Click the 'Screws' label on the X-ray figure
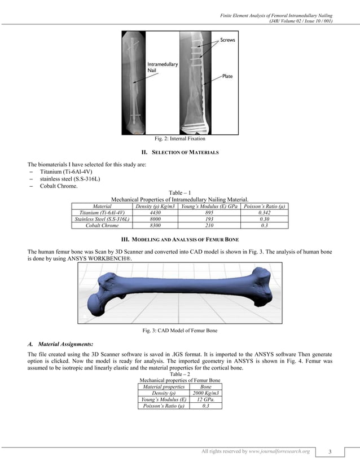[227, 41]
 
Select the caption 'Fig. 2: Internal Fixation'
[180, 138]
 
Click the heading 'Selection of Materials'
[180, 152]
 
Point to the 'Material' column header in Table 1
[101, 206]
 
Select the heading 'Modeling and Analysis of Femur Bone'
[180, 240]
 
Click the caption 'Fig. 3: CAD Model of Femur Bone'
[180, 330]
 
